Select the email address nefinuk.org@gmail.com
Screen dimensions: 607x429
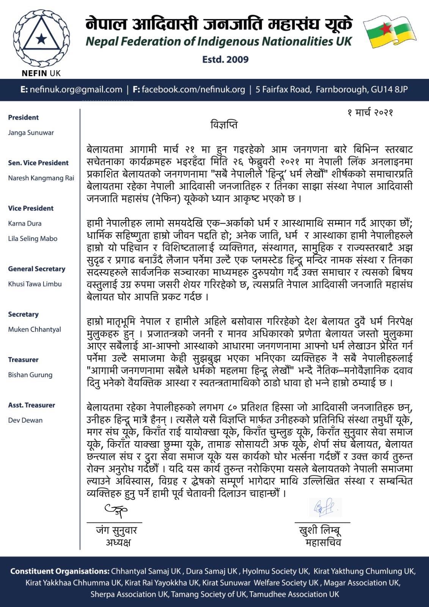[75, 90]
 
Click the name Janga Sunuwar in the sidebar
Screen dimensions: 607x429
[31, 133]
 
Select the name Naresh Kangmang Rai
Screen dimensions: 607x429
[41, 178]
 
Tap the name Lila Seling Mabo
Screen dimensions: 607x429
[33, 239]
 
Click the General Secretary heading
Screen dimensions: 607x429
[37, 269]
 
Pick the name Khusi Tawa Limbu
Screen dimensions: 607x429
[35, 284]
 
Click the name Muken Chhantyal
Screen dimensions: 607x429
[35, 329]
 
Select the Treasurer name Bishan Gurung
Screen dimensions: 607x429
[30, 375]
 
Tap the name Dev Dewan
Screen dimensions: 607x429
[25, 420]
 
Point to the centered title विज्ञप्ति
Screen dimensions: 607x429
[224, 125]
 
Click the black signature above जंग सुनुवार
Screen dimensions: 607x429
[116, 511]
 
